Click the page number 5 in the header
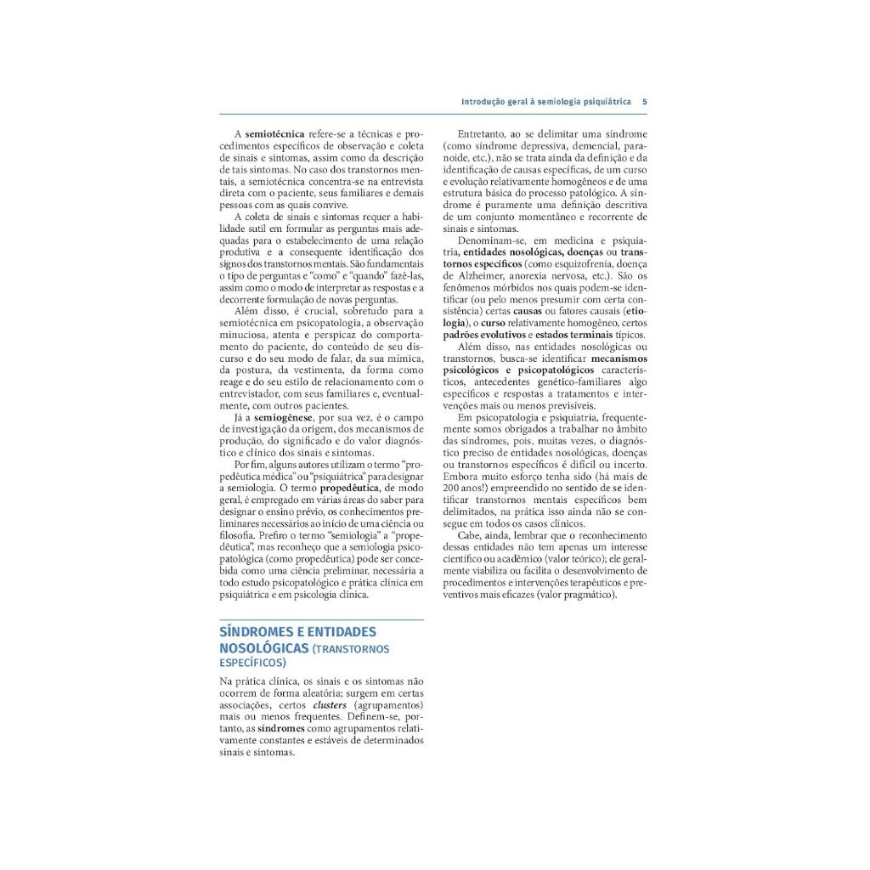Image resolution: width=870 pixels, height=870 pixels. point(645,101)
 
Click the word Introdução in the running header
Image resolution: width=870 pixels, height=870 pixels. point(483,101)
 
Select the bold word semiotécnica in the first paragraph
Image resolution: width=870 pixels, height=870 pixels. point(274,134)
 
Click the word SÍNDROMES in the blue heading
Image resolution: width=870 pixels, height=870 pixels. point(257,632)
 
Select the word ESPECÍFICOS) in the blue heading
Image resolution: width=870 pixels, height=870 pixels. point(252,663)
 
